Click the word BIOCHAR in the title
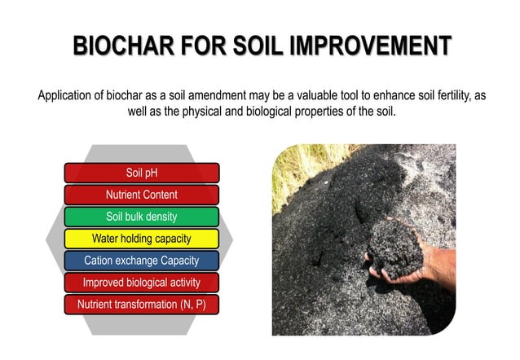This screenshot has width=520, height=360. [x=122, y=46]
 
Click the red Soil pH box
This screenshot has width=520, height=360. [x=141, y=173]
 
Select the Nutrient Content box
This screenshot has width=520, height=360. [x=141, y=195]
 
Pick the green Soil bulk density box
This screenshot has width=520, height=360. [x=141, y=217]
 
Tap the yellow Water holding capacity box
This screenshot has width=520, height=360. [x=141, y=239]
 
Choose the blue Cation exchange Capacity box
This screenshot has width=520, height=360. [x=141, y=261]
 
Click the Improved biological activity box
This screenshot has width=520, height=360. [x=141, y=283]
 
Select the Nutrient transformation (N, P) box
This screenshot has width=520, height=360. [x=141, y=305]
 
